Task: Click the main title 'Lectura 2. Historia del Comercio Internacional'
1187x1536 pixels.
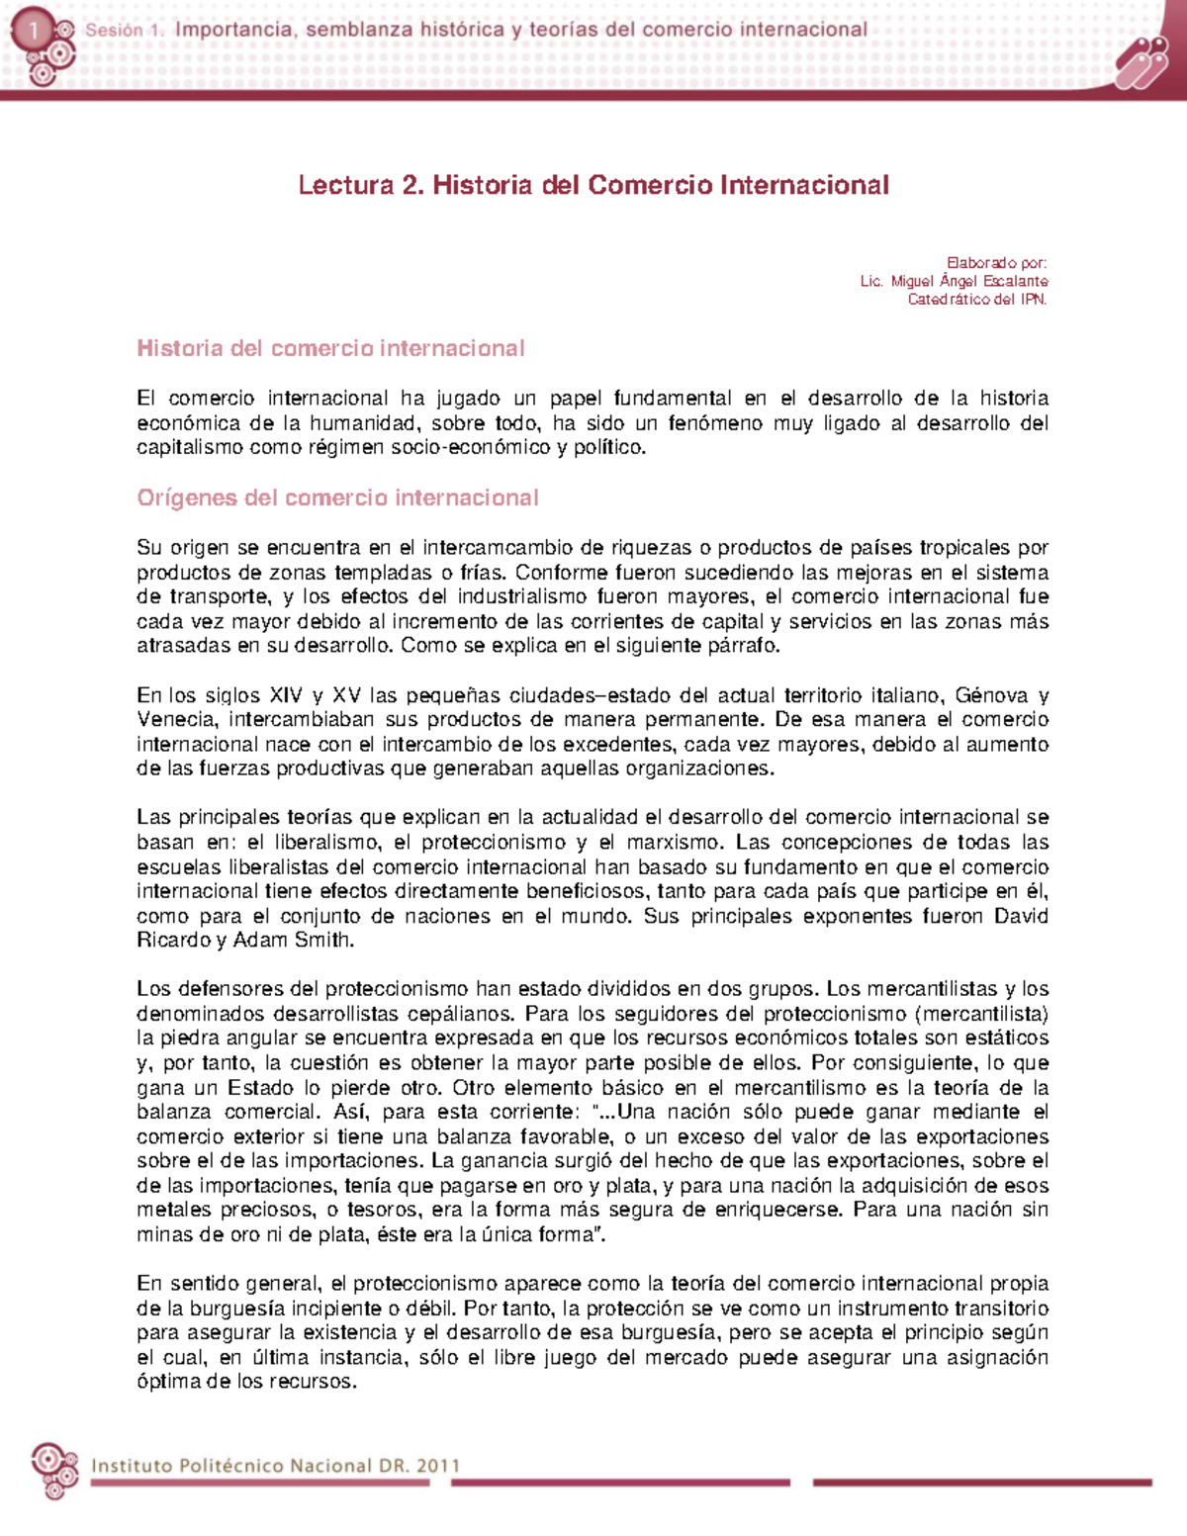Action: click(x=593, y=185)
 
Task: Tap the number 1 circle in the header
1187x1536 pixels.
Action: click(x=33, y=32)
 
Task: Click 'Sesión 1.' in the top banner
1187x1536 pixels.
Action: click(x=125, y=31)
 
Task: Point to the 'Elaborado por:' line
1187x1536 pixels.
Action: click(x=996, y=263)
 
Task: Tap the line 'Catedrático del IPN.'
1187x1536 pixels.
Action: click(x=977, y=299)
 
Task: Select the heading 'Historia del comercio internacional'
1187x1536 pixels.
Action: click(x=330, y=348)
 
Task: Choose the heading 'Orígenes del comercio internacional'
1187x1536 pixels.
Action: click(x=337, y=497)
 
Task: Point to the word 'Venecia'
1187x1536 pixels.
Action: click(x=176, y=719)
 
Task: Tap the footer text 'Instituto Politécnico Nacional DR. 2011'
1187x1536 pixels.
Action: click(x=275, y=1466)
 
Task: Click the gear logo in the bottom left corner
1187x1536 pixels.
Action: click(x=53, y=1469)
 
